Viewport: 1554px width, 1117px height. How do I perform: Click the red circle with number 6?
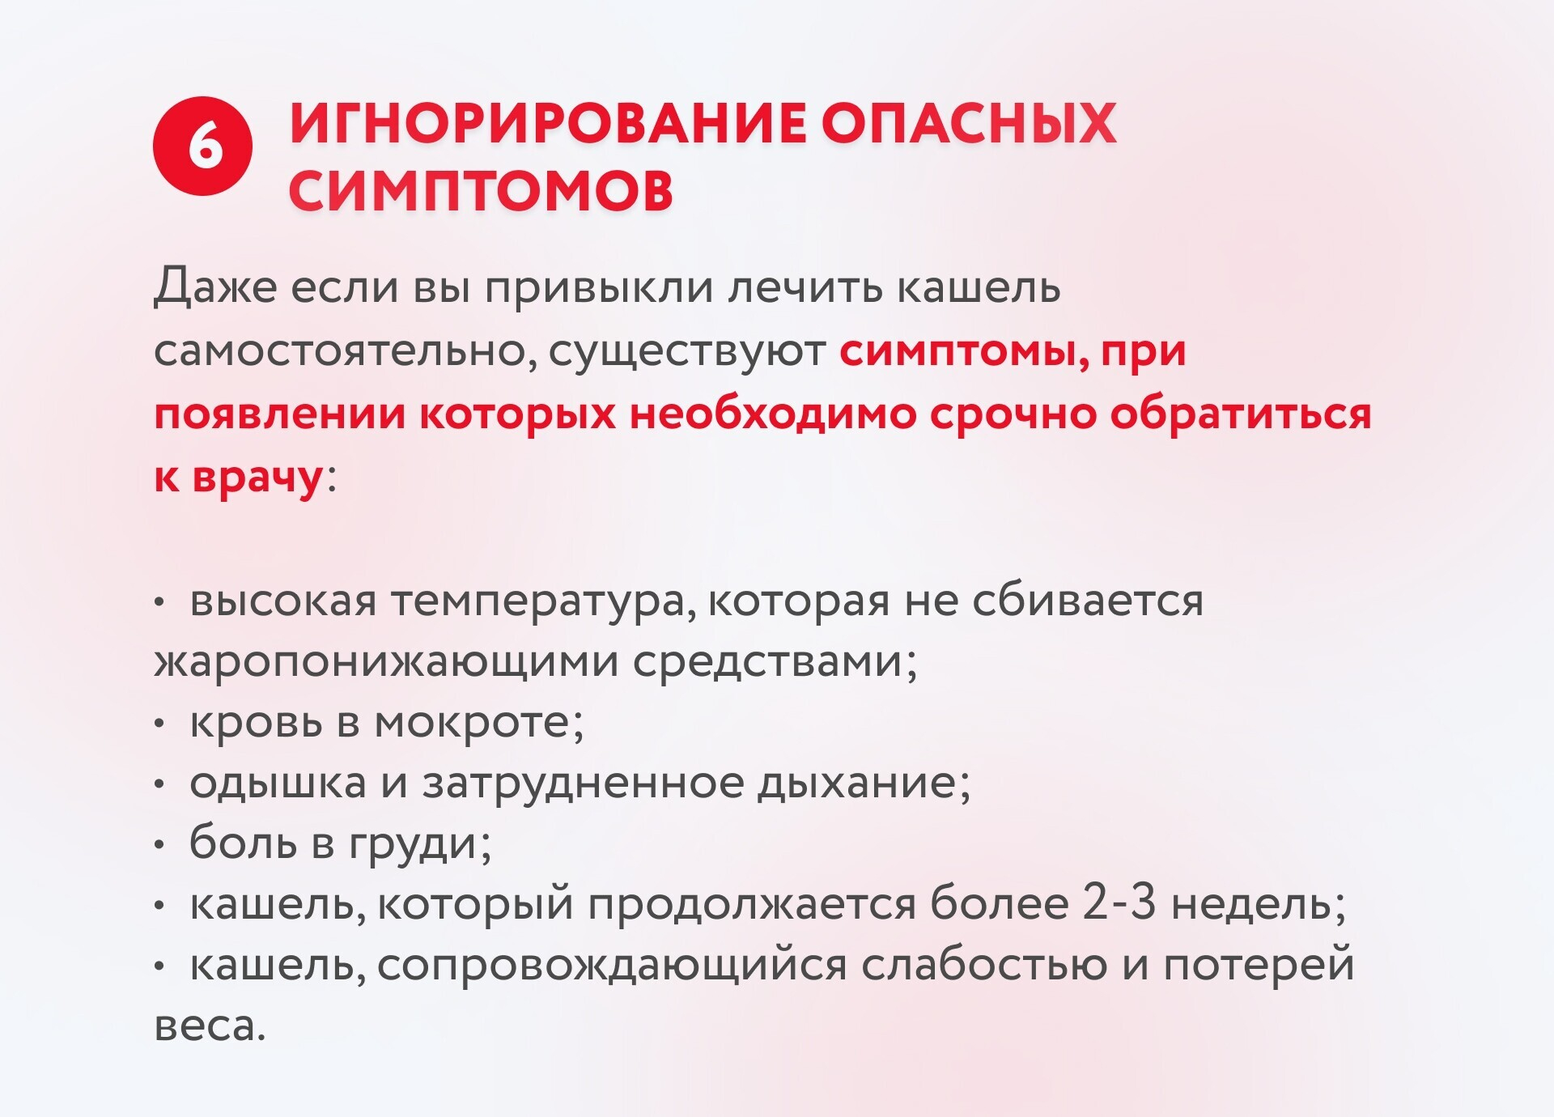click(202, 147)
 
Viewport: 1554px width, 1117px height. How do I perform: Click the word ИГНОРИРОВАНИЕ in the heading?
click(547, 125)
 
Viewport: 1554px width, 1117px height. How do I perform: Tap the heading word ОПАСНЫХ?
click(970, 125)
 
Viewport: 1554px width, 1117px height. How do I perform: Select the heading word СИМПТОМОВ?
click(481, 192)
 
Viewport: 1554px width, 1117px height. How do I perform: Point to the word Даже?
click(215, 287)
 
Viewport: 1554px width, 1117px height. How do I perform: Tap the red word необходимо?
click(774, 413)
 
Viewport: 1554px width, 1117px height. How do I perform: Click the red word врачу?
click(257, 478)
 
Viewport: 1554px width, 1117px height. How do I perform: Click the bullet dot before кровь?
click(159, 723)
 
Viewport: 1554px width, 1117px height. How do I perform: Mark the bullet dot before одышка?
click(159, 784)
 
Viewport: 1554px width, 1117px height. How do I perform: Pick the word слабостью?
click(984, 964)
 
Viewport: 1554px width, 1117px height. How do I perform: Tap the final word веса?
click(210, 1026)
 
